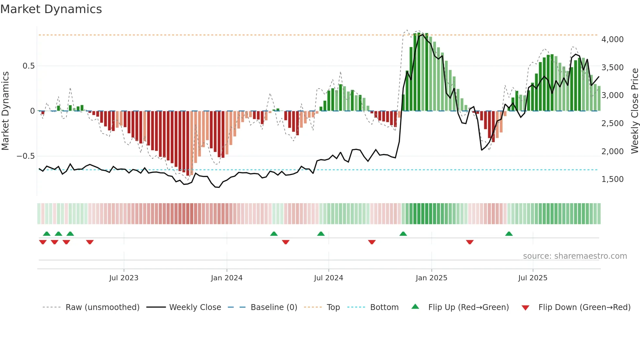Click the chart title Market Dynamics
(51, 9)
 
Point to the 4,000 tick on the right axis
(612, 40)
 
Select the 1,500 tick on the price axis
(612, 179)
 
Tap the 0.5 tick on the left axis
(28, 66)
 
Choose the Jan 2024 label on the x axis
(227, 278)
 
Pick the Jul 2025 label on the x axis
(533, 278)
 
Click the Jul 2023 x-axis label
(124, 278)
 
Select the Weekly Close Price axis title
(634, 111)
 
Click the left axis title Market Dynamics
(5, 111)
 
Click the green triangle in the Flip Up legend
(415, 306)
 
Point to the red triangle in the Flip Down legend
(525, 308)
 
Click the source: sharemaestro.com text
(575, 256)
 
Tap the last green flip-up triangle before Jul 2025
(509, 234)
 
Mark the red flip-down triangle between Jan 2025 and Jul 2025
(470, 242)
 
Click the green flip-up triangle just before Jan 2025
(403, 234)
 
